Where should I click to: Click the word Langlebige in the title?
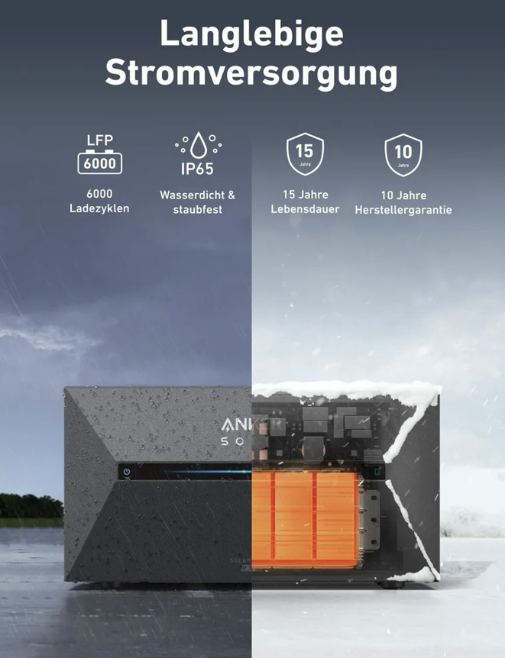pyautogui.click(x=251, y=35)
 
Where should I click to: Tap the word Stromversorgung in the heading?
pyautogui.click(x=251, y=73)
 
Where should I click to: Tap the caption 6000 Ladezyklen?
pyautogui.click(x=99, y=202)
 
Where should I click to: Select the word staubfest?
pyautogui.click(x=197, y=210)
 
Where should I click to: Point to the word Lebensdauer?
pyautogui.click(x=305, y=209)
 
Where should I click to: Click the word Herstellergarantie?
pyautogui.click(x=403, y=210)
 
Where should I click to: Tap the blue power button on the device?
pyautogui.click(x=127, y=473)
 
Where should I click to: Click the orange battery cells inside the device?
pyautogui.click(x=306, y=519)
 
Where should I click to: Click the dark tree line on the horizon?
pyautogui.click(x=31, y=506)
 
